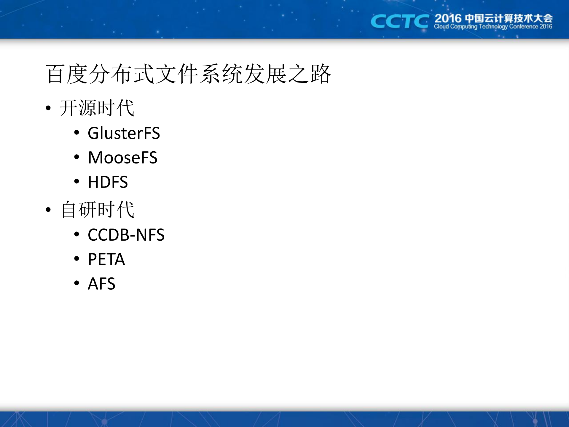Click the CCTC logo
(399, 21)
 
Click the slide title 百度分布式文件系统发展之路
(188, 74)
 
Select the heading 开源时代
(97, 108)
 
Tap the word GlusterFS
(124, 133)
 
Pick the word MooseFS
(122, 158)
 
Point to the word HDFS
(108, 182)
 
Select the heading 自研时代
(98, 210)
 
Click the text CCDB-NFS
(126, 235)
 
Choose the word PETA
(106, 259)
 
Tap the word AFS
(101, 284)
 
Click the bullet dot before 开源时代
(48, 108)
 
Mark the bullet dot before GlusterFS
(77, 133)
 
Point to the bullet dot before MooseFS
(77, 157)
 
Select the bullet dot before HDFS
(77, 181)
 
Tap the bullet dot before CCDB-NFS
(77, 234)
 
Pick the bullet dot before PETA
(77, 259)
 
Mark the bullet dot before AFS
(77, 283)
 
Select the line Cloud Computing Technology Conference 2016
(493, 27)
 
